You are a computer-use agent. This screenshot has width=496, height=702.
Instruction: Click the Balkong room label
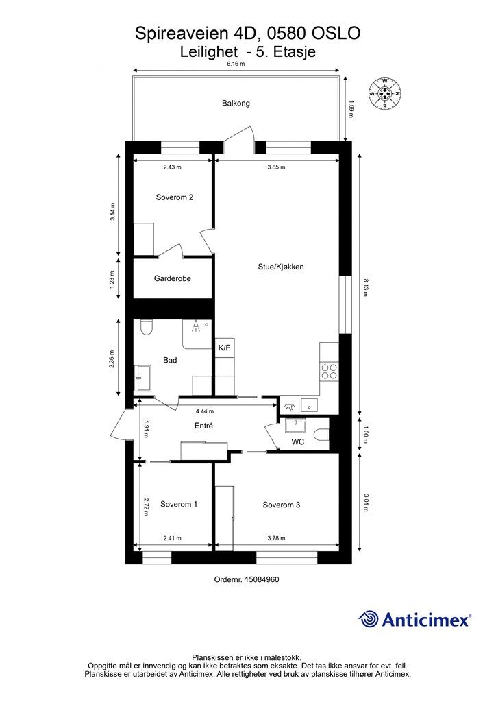236,104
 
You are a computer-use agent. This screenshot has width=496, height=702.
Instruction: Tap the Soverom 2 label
175,197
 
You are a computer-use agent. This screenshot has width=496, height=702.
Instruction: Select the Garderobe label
172,278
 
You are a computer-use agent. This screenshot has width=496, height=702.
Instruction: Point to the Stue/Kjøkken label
281,267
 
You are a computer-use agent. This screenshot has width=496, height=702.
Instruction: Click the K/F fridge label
224,348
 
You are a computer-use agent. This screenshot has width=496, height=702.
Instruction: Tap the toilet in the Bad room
146,327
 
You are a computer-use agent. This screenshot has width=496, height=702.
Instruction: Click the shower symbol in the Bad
195,326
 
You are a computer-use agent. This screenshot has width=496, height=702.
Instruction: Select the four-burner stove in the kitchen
330,371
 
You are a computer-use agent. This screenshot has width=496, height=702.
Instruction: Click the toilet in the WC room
321,435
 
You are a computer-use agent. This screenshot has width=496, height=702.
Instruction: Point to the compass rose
384,93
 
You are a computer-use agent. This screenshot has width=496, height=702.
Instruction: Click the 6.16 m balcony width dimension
236,64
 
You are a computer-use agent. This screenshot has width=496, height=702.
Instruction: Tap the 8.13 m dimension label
365,288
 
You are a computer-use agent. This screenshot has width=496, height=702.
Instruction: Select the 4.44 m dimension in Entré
205,411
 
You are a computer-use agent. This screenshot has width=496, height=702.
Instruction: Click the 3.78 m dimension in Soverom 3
276,538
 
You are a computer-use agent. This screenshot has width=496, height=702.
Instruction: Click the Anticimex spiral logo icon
369,619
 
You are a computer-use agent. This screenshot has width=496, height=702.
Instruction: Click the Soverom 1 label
179,504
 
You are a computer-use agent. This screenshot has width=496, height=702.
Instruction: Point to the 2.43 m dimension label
172,167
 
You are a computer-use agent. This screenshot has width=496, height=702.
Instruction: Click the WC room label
298,442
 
